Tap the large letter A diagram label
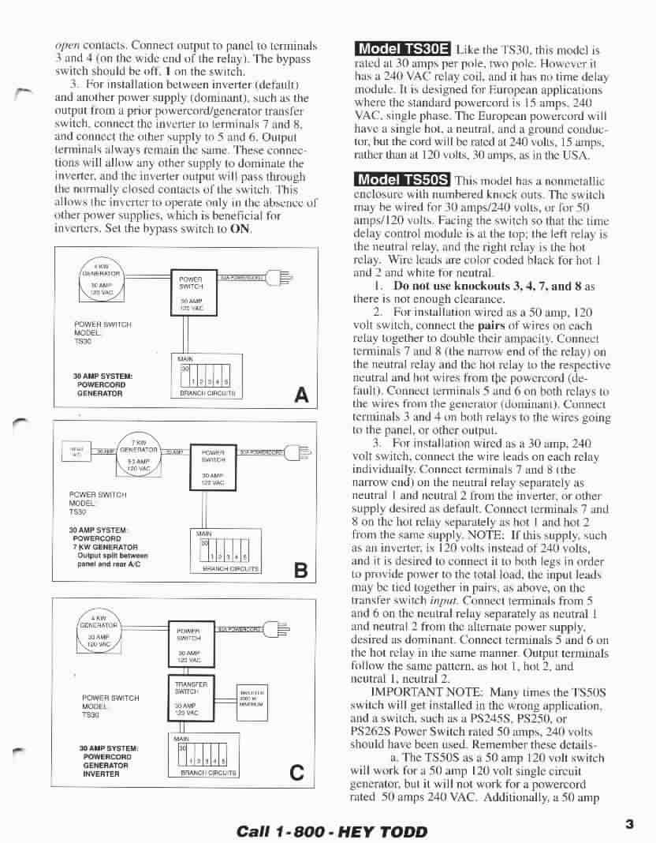pyautogui.click(x=300, y=395)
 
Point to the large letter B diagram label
pyautogui.click(x=300, y=571)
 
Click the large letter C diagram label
pyautogui.click(x=297, y=773)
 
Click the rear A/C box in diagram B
pyautogui.click(x=76, y=451)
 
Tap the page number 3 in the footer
pyautogui.click(x=629, y=824)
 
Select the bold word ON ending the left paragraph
pyautogui.click(x=240, y=230)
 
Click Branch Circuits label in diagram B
pyautogui.click(x=232, y=568)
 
